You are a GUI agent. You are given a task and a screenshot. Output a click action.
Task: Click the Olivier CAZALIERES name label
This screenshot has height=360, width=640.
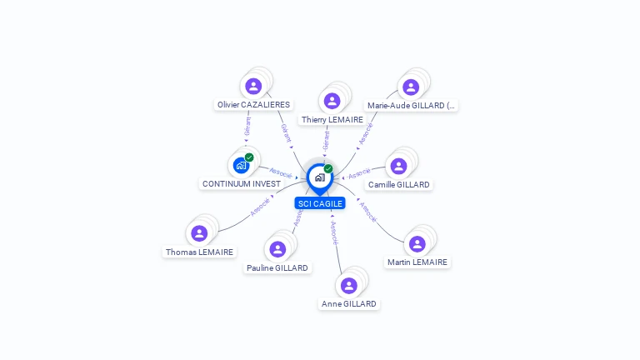coord(253,105)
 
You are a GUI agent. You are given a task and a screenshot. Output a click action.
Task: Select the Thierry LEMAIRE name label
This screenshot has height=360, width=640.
coord(332,120)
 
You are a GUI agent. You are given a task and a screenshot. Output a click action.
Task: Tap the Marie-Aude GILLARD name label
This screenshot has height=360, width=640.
coord(412,106)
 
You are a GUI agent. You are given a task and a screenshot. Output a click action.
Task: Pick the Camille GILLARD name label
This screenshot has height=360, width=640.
coord(399,184)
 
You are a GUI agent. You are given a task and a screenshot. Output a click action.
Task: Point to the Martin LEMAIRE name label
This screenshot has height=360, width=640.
coord(417,262)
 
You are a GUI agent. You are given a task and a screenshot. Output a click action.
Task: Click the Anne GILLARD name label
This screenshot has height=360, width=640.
coord(349,304)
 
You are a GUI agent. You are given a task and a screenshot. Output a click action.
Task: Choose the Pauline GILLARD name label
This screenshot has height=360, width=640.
coord(277,268)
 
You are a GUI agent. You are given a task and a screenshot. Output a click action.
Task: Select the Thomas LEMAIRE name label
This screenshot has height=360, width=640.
coord(200,252)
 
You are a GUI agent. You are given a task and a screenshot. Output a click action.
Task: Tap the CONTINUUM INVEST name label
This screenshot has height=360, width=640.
coord(242,183)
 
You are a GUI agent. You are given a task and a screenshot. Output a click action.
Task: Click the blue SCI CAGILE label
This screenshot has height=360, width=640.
coord(320,203)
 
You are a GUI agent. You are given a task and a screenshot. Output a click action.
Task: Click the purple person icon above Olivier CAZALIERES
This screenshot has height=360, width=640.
coord(253,86)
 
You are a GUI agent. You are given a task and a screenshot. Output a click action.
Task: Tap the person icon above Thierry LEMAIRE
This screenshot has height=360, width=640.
coord(332,101)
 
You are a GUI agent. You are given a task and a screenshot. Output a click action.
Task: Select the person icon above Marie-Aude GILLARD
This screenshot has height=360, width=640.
coord(411,87)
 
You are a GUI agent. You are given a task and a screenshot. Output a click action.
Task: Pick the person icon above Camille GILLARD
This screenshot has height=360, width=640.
coord(399,165)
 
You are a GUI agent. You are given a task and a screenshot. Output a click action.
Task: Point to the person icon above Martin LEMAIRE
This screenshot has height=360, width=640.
coord(417,243)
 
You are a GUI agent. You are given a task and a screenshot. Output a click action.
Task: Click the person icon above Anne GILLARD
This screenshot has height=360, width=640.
coord(349,285)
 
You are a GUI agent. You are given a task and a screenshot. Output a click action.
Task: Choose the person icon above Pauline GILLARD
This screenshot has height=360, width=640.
coord(277,249)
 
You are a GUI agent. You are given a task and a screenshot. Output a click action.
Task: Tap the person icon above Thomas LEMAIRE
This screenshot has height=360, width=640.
coord(199,232)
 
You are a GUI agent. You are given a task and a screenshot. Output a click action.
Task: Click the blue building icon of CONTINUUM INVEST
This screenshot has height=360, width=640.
coord(241,164)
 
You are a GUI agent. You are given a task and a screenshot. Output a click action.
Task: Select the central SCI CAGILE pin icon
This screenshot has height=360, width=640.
coord(319,177)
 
